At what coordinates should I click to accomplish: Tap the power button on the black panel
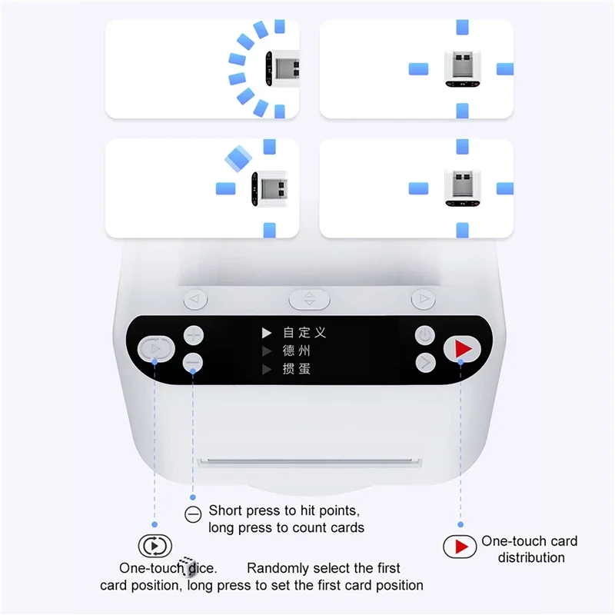[425, 335]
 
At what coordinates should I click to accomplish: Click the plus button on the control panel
[193, 336]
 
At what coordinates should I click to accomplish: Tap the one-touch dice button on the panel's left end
[155, 349]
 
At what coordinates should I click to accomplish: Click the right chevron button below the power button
[425, 361]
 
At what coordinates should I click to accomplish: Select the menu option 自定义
[304, 333]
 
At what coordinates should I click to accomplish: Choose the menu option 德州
[296, 351]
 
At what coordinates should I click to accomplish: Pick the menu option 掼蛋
[296, 370]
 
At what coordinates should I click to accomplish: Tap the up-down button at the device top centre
[308, 298]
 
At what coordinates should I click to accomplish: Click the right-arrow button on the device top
[423, 298]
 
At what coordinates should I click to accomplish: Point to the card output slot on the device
[309, 463]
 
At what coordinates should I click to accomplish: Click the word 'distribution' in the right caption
[531, 557]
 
